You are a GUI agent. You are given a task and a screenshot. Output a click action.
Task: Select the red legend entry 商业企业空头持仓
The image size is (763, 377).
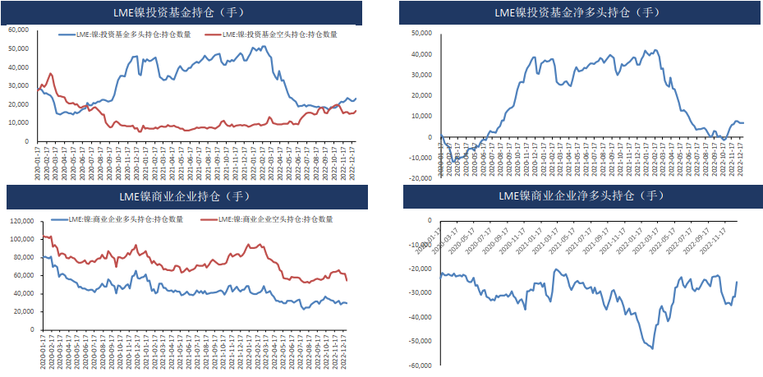[x=271, y=219]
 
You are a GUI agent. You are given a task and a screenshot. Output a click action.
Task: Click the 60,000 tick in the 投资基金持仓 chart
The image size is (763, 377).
[x=19, y=30]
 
